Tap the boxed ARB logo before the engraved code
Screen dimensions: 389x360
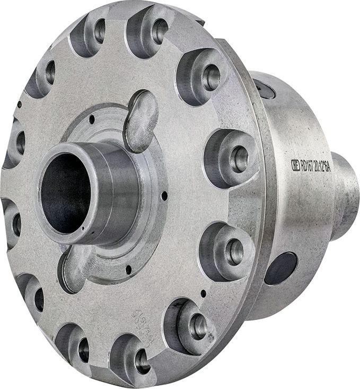point(295,164)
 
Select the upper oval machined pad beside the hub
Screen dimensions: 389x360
point(142,120)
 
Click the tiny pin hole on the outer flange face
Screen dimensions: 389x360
point(204,292)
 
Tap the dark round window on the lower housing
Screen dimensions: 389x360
point(280,267)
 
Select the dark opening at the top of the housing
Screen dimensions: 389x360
point(264,88)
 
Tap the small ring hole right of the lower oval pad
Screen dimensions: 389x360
point(128,270)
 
